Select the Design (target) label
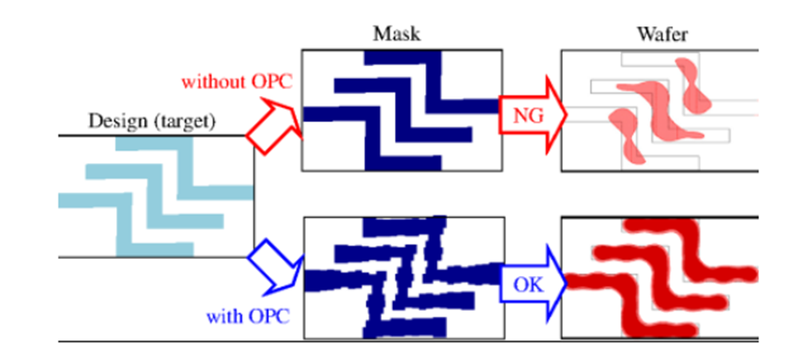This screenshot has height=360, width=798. click(152, 121)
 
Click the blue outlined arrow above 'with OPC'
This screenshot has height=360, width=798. click(273, 265)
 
